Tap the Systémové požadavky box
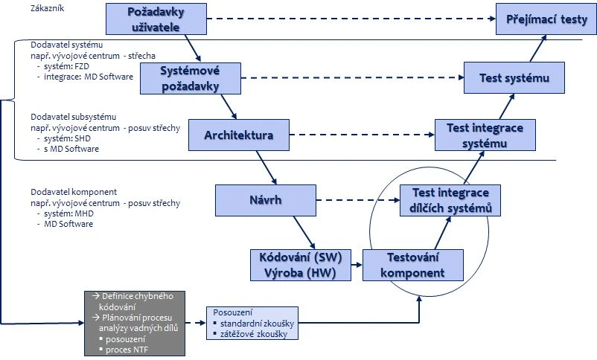tap(191, 77)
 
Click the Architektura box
tap(239, 135)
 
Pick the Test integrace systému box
tap(485, 135)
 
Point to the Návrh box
tap(267, 199)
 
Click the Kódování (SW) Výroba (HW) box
tap(300, 265)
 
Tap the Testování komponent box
tap(412, 265)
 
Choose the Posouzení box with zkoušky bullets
tap(252, 324)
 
